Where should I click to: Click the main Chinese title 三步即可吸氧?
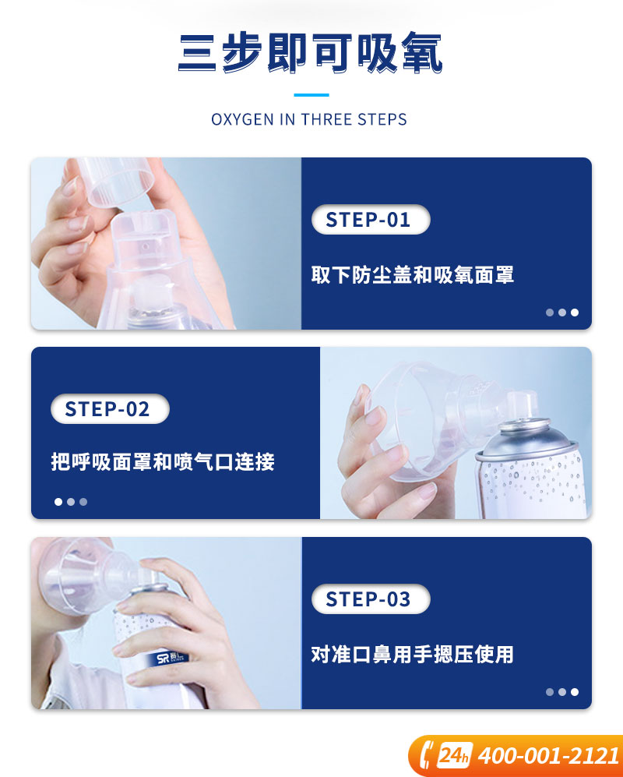click(310, 52)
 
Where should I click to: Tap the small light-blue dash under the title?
click(311, 94)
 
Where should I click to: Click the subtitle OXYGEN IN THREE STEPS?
click(309, 119)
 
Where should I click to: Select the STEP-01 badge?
click(371, 220)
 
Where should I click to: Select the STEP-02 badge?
click(110, 409)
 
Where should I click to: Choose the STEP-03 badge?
click(371, 599)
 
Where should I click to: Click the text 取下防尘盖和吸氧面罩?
click(413, 274)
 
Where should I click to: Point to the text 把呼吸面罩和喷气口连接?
click(163, 461)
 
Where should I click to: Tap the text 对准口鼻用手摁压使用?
click(412, 654)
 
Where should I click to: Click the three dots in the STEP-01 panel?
click(562, 313)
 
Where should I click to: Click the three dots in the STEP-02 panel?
click(71, 501)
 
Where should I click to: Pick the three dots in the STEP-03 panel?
click(562, 692)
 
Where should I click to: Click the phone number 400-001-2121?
click(549, 756)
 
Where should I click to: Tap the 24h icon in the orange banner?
click(454, 756)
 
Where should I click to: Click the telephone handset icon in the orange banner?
click(425, 755)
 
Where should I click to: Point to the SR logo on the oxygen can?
click(172, 658)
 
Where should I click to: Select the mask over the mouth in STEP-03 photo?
click(86, 576)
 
